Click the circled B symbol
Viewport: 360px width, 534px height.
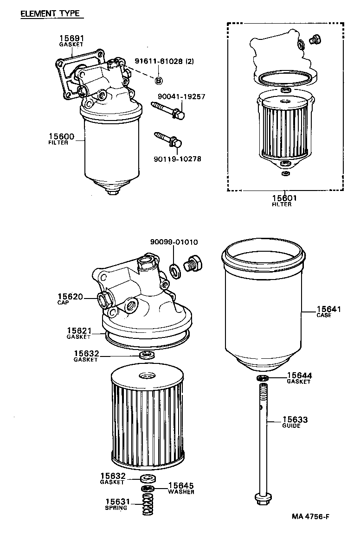coord(158,81)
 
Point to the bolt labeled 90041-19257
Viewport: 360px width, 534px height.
coord(168,111)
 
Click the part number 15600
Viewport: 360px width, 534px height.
coord(61,136)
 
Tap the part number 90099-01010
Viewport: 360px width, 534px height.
coord(174,242)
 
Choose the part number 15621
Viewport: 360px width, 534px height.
coord(78,330)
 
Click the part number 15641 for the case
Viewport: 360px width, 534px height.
coord(328,309)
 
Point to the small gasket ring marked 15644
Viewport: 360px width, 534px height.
coord(263,379)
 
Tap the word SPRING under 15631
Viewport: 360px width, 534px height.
coord(116,508)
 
